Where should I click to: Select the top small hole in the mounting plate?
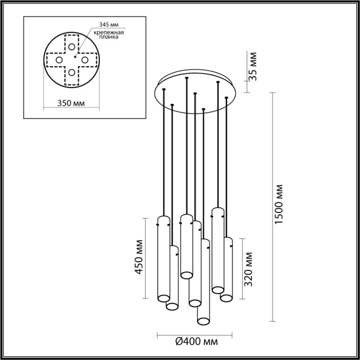71,46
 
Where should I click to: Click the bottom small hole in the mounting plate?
71,72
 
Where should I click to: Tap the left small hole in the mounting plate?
59,59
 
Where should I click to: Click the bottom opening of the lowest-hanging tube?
204,321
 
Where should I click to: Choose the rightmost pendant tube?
227,269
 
